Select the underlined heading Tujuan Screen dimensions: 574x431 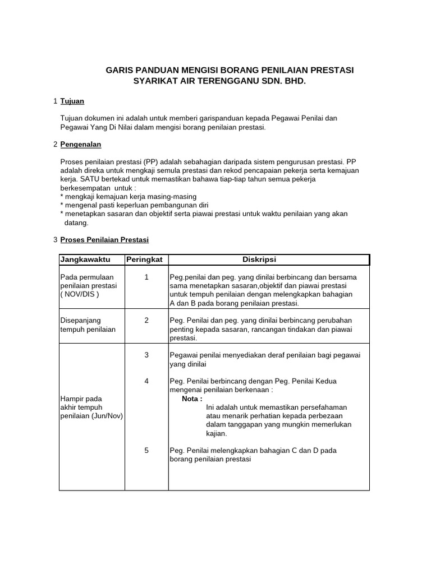click(72, 101)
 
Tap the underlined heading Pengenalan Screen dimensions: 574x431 click(80, 144)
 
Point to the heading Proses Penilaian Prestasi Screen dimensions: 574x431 click(104, 239)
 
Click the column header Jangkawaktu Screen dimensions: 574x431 click(85, 259)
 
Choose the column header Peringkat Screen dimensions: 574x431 click(144, 259)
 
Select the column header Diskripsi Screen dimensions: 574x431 click(259, 259)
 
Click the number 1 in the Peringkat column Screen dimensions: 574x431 click(146, 277)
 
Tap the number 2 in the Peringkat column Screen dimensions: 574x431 click(146, 320)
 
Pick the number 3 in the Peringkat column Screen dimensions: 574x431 click(146, 355)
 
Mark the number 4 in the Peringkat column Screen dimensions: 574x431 click(146, 381)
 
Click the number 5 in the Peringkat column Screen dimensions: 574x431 click(146, 450)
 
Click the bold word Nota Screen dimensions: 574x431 click(192, 399)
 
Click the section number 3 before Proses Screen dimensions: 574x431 click(55, 239)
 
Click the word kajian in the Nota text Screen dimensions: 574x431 click(217, 433)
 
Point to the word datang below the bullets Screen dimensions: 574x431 click(76, 223)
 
